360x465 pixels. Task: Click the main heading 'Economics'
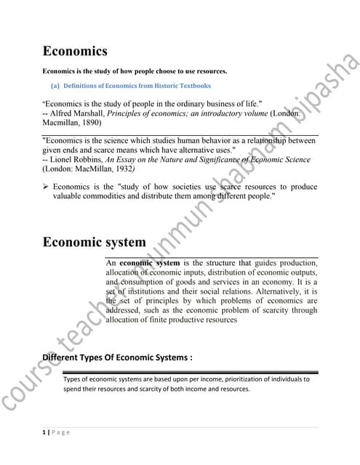click(75, 52)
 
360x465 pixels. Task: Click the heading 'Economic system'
click(94, 242)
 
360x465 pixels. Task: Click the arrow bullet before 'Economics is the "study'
click(46, 187)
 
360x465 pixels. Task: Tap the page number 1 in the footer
click(44, 432)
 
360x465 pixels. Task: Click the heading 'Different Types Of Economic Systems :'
click(117, 357)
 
